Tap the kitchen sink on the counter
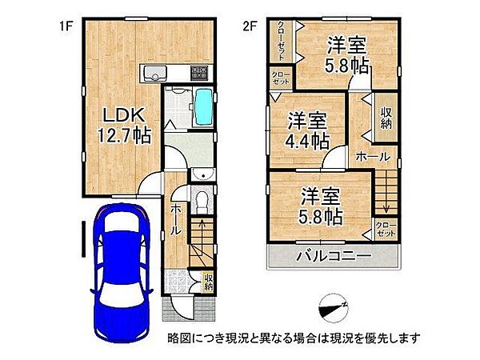point(151,75)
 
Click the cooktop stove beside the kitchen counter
point(198,74)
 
